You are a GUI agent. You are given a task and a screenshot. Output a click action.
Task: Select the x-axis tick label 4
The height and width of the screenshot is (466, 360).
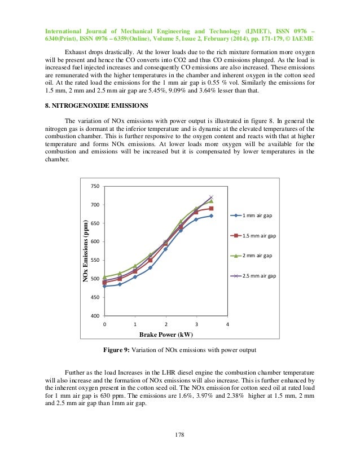(x=227, y=324)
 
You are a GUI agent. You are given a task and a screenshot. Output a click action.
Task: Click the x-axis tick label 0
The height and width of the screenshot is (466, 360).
(x=104, y=324)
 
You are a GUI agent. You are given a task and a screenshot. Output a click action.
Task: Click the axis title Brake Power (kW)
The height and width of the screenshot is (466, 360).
(x=165, y=335)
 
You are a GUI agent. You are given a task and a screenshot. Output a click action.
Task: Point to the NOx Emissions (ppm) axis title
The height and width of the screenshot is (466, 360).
(x=86, y=251)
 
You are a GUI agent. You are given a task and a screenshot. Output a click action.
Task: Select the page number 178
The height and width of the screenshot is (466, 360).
(x=180, y=435)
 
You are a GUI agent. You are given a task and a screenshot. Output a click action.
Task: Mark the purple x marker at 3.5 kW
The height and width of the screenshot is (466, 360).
(x=212, y=197)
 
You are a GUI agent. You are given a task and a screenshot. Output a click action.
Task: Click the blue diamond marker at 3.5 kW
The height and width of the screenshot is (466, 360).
(x=212, y=216)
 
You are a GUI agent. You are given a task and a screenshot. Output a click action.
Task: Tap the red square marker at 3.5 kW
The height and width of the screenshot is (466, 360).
(x=212, y=209)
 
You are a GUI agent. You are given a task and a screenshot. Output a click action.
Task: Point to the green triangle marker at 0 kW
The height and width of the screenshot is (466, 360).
(x=104, y=277)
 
